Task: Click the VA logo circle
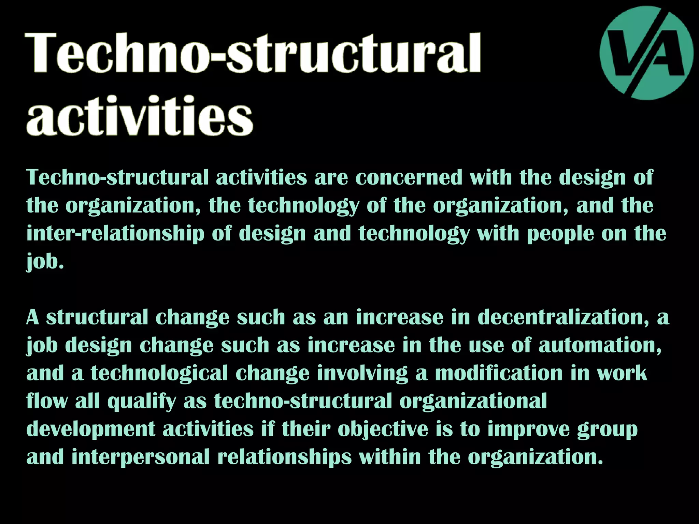tap(646, 53)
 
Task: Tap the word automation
tap(600, 345)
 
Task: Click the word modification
tap(499, 373)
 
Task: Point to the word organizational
tap(473, 401)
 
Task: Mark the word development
tap(91, 430)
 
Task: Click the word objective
tap(383, 430)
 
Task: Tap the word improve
tap(529, 430)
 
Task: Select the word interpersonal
tap(141, 457)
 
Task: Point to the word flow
tap(47, 401)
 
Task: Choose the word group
tap(608, 430)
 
